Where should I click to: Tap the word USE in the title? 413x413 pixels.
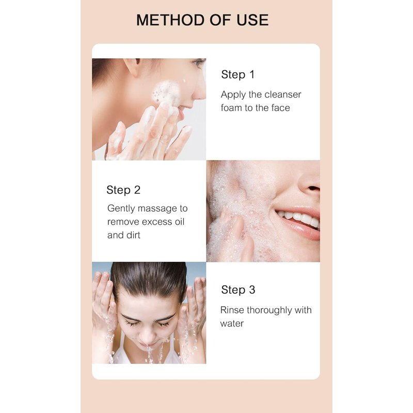click(x=252, y=20)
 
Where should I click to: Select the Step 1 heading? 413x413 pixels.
click(x=238, y=75)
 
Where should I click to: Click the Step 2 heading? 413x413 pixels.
click(x=123, y=190)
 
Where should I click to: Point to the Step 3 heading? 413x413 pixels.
click(x=238, y=290)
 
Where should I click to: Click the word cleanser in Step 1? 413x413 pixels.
click(x=282, y=94)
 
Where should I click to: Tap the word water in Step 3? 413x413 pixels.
click(x=232, y=324)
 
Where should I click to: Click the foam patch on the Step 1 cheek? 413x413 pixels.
click(x=166, y=92)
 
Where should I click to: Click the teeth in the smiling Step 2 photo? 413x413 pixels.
click(x=299, y=218)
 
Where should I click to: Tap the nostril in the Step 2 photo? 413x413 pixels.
click(x=313, y=188)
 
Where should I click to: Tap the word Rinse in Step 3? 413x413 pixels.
click(x=232, y=310)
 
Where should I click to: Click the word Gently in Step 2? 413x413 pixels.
click(x=121, y=209)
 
